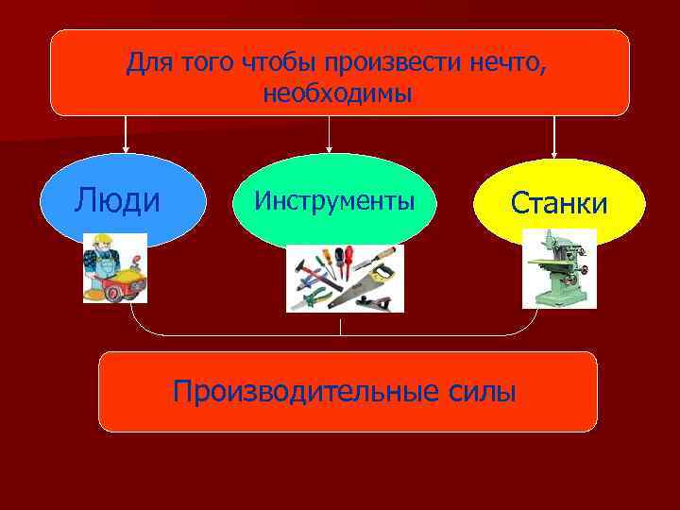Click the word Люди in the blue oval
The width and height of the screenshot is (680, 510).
click(117, 199)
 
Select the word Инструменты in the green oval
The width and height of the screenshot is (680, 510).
click(334, 200)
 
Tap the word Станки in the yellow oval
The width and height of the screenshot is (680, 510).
click(558, 203)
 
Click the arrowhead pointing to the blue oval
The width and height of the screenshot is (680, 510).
click(126, 148)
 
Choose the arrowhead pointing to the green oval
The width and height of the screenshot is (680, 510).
click(329, 148)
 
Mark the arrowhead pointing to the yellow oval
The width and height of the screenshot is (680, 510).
click(554, 151)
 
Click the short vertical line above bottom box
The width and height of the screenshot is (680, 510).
click(341, 328)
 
